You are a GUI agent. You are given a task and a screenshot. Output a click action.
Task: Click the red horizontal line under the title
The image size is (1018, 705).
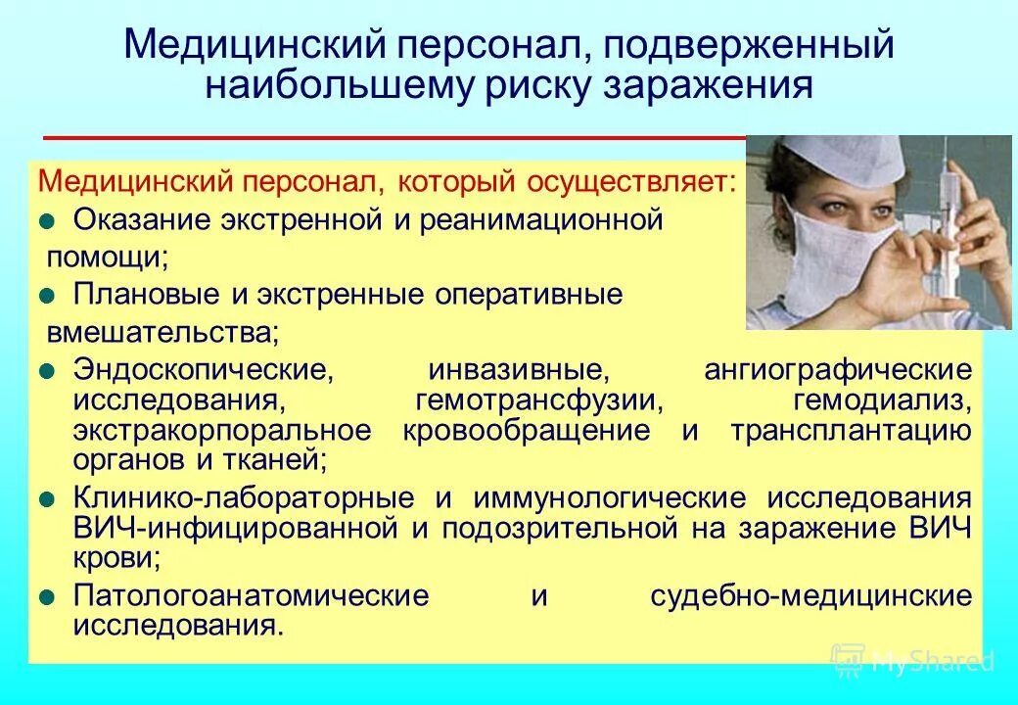point(392,137)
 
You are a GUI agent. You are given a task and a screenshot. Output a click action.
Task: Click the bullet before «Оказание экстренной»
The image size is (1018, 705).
point(47,220)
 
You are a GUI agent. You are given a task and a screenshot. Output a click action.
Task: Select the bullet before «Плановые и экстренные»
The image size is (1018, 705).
point(47,295)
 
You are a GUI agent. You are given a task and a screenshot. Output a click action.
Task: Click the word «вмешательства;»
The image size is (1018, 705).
point(162,332)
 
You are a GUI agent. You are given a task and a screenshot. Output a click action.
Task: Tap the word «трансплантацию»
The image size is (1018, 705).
point(850,431)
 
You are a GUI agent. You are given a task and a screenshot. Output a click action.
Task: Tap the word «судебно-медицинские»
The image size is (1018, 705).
point(811,596)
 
